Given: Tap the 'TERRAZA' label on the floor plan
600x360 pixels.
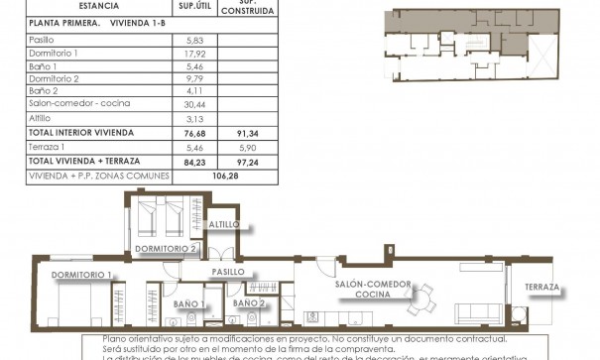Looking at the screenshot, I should tap(542, 288).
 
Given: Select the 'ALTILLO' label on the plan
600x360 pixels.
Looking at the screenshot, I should tap(225, 225).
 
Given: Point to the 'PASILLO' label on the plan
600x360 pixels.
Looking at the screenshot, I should tap(228, 271).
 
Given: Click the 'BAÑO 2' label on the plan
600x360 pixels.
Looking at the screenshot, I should tap(249, 302).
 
